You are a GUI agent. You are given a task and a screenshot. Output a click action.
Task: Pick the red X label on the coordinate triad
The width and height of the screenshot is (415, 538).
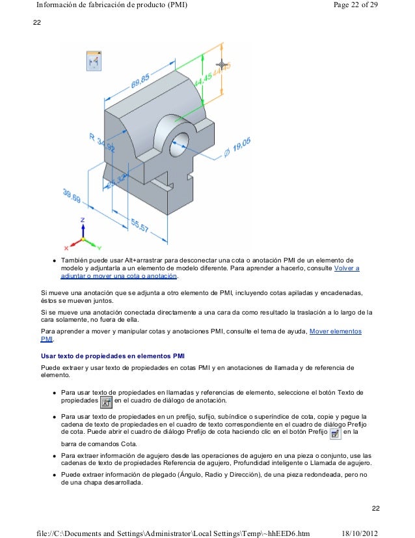[66, 248]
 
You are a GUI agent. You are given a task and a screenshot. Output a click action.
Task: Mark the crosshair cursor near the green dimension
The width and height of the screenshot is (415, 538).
[223, 64]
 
